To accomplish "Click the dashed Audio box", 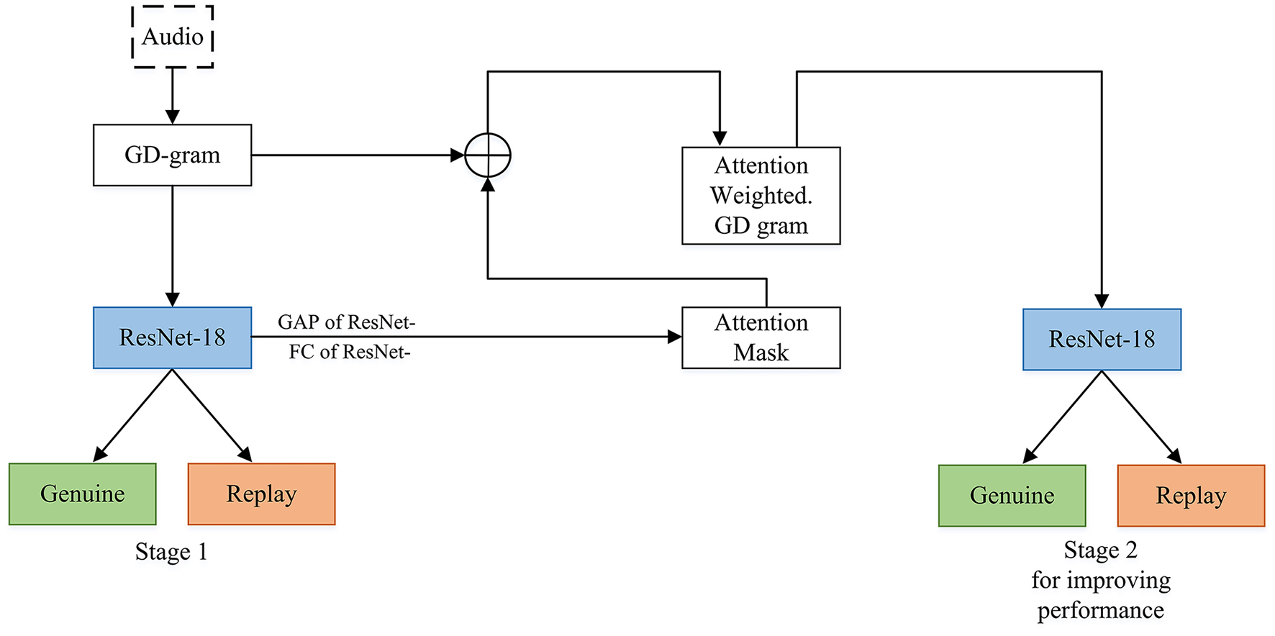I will (173, 37).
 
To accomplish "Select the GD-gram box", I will (173, 155).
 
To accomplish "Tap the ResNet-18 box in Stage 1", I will (173, 338).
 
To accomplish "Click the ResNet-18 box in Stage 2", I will (1102, 340).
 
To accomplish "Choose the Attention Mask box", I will (761, 338).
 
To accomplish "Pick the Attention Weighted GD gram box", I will (761, 196).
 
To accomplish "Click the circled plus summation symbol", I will (488, 155).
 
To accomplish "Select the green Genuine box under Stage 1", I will (83, 494).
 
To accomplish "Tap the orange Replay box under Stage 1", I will (261, 494).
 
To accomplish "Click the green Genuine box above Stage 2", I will (1012, 496).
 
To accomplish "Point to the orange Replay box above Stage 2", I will (1191, 496).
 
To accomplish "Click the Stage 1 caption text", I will (171, 552).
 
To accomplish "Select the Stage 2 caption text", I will (1100, 550).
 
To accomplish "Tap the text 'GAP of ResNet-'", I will (346, 322).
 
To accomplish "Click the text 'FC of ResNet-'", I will (349, 353).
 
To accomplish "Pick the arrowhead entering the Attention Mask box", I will (674, 337).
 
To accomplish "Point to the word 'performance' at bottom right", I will (1100, 611).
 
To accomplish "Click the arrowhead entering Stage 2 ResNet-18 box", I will (1102, 301).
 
